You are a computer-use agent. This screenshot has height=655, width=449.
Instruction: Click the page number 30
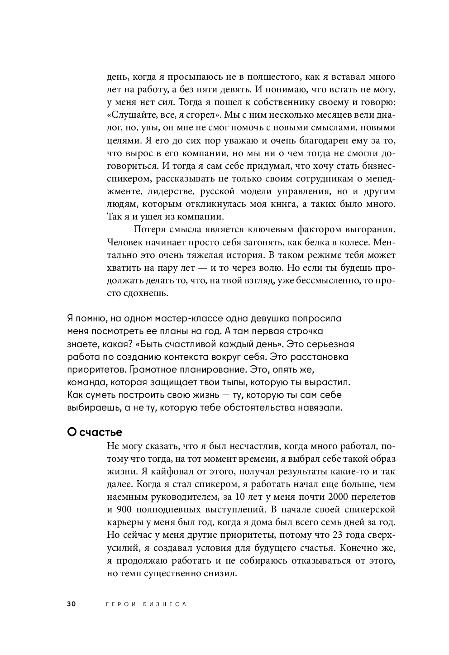click(71, 604)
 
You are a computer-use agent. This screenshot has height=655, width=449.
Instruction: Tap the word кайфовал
click(168, 472)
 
